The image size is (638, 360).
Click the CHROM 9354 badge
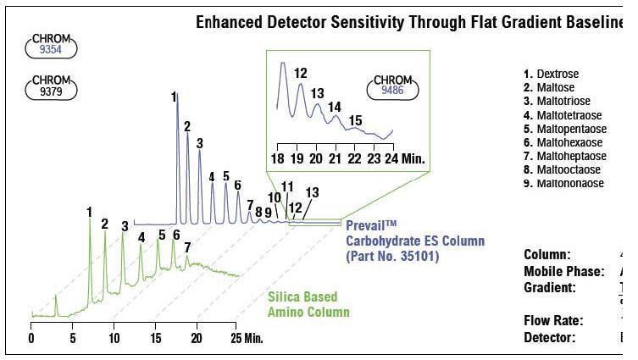pos(53,46)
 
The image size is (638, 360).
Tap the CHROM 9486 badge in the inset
pos(391,88)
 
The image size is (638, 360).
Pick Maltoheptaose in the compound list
pos(569,156)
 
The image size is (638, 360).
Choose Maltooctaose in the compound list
pos(566,169)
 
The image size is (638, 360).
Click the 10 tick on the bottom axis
pos(113,338)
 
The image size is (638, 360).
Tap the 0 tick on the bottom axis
pos(31,338)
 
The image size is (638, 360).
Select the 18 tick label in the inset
pos(278,158)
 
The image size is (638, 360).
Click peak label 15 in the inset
pos(355,119)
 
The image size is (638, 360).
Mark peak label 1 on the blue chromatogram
pos(174,97)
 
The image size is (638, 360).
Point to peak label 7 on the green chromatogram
pos(187,247)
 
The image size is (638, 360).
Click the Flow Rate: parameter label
pos(553,320)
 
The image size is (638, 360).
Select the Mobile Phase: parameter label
pos(563,271)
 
